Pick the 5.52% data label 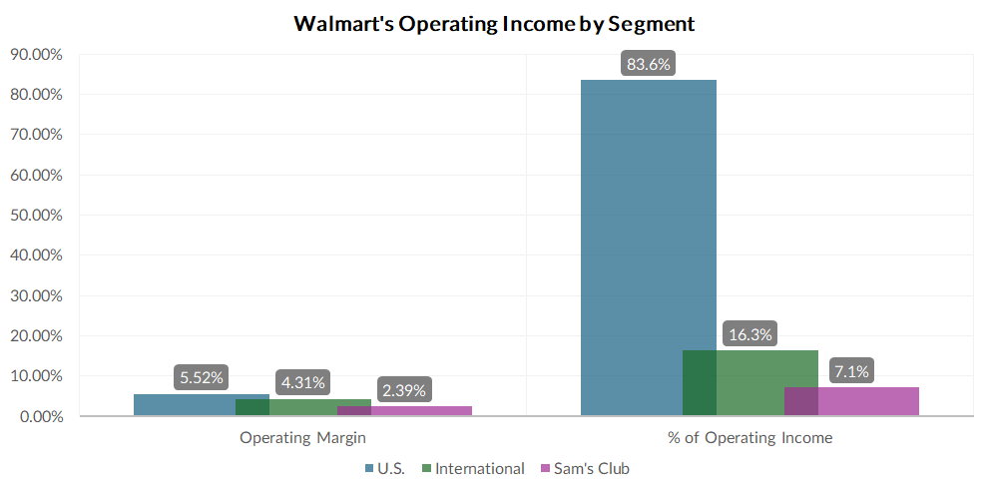[x=202, y=378]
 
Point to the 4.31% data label [x=303, y=382]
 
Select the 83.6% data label [x=649, y=65]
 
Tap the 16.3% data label [x=750, y=335]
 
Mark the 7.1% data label [x=851, y=372]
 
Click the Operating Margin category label [x=302, y=438]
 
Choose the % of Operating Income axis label [x=749, y=438]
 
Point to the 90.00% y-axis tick [x=35, y=54]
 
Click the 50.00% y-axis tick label [x=35, y=216]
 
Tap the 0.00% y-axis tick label [x=38, y=416]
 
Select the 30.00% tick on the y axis [x=35, y=296]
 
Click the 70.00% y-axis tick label [x=35, y=135]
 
